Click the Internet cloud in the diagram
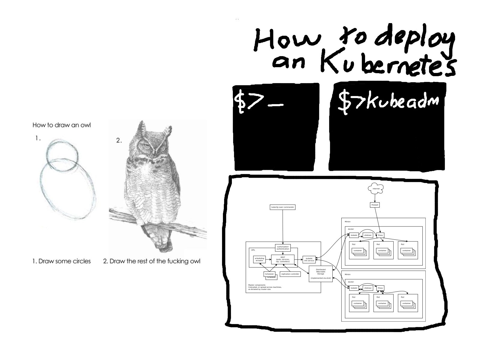coord(376,188)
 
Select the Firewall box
coord(375,205)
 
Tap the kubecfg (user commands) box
coord(283,207)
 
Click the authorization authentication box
coord(283,248)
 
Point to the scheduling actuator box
coord(259,259)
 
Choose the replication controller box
coord(290,274)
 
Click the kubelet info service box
coord(309,259)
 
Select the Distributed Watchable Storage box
coord(321,274)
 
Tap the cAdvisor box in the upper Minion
coord(368,235)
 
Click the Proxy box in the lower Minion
coord(380,288)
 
